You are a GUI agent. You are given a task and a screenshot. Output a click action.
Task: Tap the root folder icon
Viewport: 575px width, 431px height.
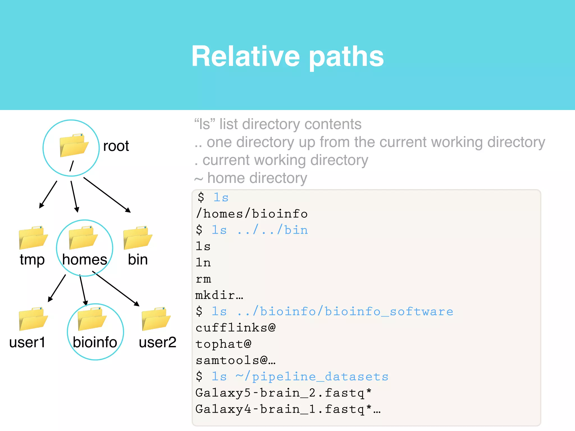pos(74,145)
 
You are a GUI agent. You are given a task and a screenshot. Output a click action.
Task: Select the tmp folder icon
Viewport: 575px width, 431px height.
pos(33,238)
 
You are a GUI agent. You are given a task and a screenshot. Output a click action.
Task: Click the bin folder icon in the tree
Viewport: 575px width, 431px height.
pos(138,238)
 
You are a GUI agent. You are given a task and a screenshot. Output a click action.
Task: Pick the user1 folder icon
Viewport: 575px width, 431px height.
pos(33,319)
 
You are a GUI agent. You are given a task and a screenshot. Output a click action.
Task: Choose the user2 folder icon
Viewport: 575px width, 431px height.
pos(156,319)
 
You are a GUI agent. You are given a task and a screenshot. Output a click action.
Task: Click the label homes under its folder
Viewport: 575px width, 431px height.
pos(85,259)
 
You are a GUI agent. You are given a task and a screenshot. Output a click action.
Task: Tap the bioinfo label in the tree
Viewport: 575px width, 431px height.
pos(95,342)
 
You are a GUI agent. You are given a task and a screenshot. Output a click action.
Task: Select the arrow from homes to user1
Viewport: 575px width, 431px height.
pos(57,288)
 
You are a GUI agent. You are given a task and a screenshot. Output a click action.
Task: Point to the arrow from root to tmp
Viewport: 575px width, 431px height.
pos(48,194)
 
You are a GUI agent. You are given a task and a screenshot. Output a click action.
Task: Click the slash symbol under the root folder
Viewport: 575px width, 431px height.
pos(72,166)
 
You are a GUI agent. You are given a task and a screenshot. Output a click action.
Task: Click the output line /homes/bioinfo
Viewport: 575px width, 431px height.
pos(252,214)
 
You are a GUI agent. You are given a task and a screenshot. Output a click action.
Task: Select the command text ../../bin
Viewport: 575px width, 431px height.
pos(273,230)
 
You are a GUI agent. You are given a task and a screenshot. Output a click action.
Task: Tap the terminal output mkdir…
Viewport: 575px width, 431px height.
pos(219,295)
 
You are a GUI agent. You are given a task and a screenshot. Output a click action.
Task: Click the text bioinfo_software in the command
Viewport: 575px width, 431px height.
pos(389,311)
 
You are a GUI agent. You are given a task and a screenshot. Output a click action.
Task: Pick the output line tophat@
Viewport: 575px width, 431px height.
pos(223,344)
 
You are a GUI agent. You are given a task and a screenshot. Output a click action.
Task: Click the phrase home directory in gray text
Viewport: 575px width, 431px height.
pos(257,178)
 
